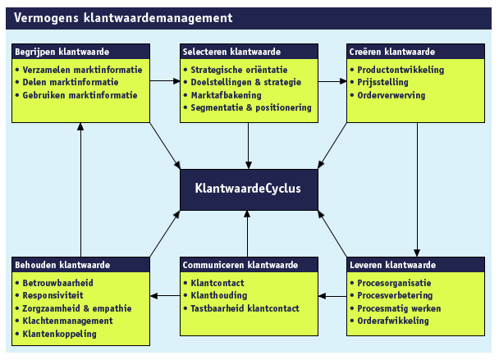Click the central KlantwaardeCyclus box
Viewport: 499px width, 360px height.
pos(247,189)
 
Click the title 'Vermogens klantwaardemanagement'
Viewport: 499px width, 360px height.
pos(123,17)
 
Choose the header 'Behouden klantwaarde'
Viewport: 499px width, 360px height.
pos(61,265)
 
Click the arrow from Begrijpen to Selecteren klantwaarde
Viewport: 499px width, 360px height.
pos(166,81)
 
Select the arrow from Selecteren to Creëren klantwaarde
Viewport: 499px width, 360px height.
pos(332,81)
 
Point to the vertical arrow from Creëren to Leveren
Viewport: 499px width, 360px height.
pos(419,189)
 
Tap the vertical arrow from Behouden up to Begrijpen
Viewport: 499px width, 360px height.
pos(81,189)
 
